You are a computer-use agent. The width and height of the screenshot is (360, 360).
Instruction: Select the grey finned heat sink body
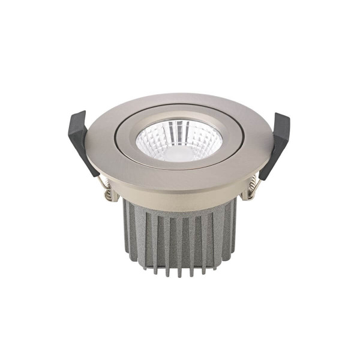[x=180, y=234]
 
